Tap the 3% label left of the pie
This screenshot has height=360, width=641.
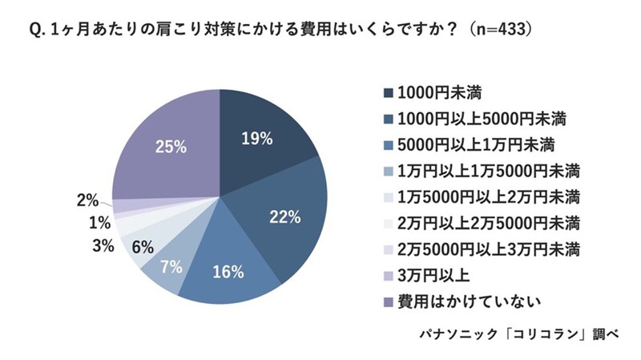click(102, 245)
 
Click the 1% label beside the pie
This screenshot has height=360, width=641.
click(99, 223)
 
